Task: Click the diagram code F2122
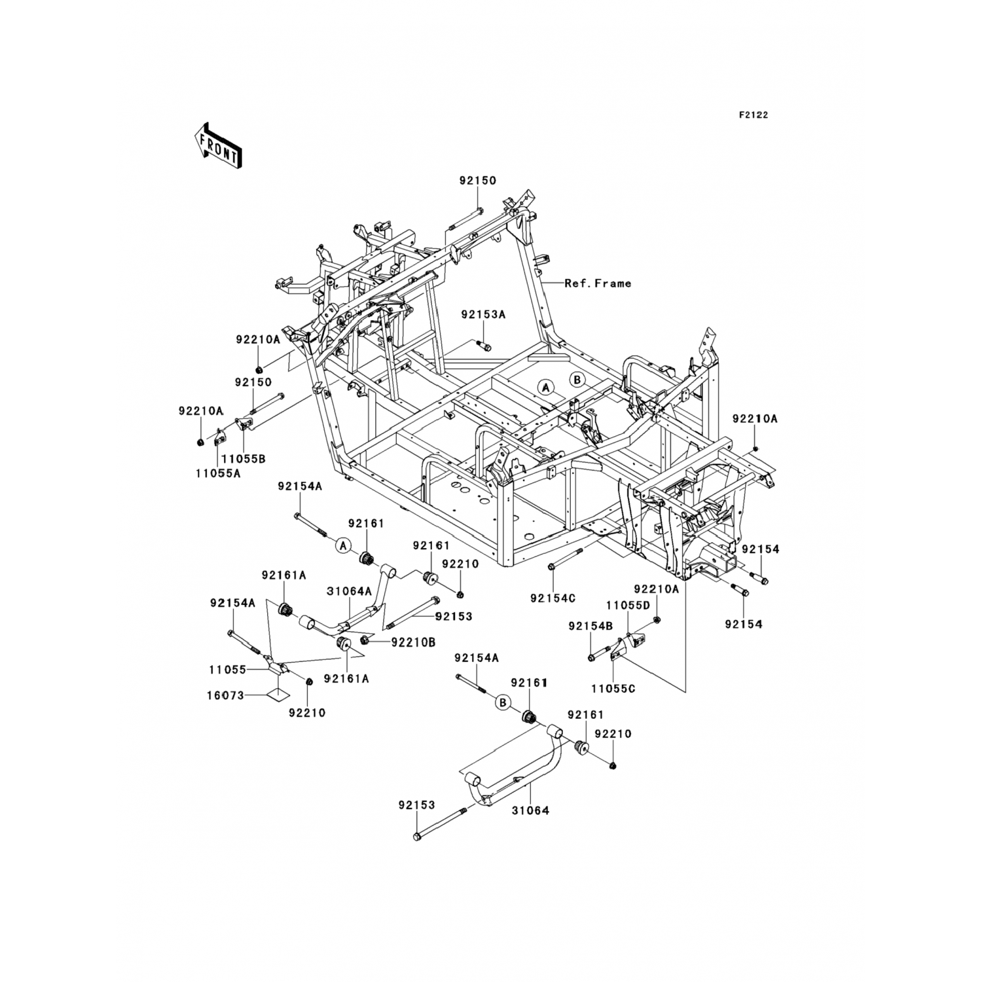tap(753, 115)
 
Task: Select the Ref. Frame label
tap(598, 283)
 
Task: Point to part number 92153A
tap(483, 315)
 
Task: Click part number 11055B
tap(243, 459)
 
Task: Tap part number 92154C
tap(553, 598)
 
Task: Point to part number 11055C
tap(613, 689)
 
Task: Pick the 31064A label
tap(349, 591)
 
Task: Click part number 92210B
tap(413, 642)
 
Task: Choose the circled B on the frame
tap(577, 379)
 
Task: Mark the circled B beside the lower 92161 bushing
tap(502, 703)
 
